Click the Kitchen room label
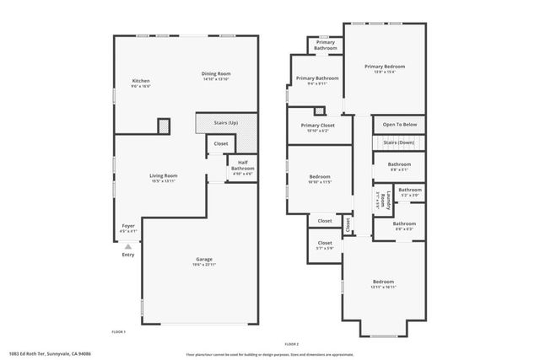coord(140,83)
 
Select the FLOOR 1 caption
coord(118,331)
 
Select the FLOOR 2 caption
coord(292,344)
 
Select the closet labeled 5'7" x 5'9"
coord(324,247)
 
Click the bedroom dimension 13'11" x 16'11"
coord(384,287)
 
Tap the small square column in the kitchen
coord(164,125)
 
